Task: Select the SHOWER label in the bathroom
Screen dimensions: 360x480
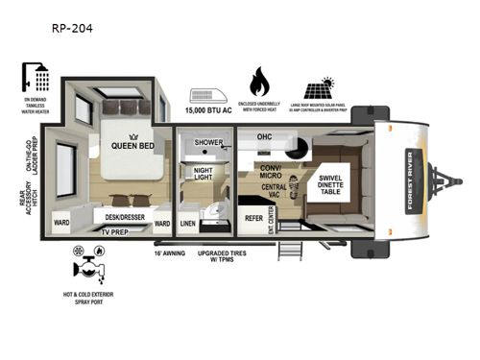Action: click(208, 142)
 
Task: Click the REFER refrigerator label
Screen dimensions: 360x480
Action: click(253, 218)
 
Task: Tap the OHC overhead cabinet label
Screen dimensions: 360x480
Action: click(265, 137)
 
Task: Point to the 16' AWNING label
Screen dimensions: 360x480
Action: click(169, 253)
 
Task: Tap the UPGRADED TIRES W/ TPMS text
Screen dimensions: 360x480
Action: click(236, 258)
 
